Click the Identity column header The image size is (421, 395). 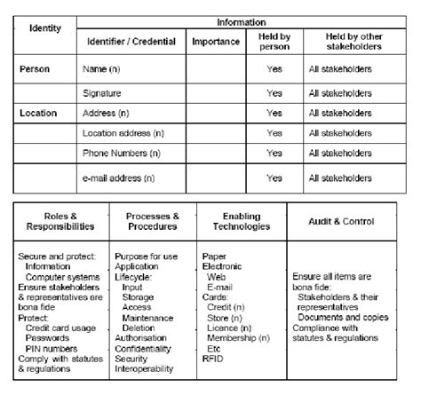tap(44, 28)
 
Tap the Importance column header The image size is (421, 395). tap(215, 41)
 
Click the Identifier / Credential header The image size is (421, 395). tap(130, 41)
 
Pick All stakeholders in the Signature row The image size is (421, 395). tap(342, 91)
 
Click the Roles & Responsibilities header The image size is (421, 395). tap(60, 221)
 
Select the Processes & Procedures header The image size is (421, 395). tap(153, 221)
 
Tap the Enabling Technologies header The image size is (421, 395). tap(242, 221)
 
